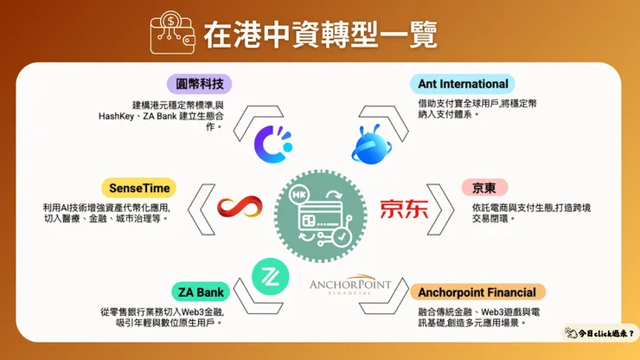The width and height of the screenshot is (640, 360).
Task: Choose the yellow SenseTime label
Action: (x=138, y=187)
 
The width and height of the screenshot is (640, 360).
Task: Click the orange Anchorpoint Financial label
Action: (x=477, y=292)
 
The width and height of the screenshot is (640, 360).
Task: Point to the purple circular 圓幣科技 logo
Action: (x=274, y=142)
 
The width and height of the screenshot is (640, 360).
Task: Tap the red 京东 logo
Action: (x=403, y=209)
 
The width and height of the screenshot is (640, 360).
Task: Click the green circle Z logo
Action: (x=269, y=274)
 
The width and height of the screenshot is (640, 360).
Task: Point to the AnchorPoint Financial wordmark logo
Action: (x=351, y=286)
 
